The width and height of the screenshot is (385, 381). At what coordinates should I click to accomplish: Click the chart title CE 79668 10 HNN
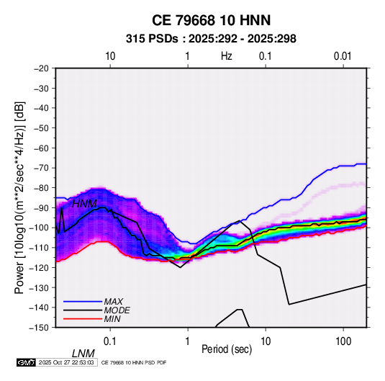tap(211, 20)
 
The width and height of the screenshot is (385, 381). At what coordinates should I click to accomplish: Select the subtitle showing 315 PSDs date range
tap(211, 39)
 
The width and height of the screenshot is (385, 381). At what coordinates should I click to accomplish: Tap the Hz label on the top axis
tap(227, 56)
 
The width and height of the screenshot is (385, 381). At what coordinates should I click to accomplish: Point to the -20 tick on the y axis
tap(41, 68)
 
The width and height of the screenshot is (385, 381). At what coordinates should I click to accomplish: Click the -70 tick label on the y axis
tap(41, 168)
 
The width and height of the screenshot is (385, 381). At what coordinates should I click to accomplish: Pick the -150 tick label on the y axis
tap(40, 328)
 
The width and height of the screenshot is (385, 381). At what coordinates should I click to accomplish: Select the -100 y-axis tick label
tap(40, 228)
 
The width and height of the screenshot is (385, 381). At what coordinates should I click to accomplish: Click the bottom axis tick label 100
tap(343, 341)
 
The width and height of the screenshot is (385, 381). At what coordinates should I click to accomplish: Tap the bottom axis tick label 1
tap(188, 341)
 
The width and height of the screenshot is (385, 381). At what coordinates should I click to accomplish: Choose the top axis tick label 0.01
tap(343, 56)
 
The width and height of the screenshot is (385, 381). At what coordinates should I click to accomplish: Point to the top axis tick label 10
tap(110, 56)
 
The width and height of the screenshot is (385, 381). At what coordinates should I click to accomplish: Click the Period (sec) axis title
tap(227, 349)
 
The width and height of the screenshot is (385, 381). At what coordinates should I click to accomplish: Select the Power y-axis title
tap(19, 198)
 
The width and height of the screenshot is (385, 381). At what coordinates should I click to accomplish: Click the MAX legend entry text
tap(114, 302)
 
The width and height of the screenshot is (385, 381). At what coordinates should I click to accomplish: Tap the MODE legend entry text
tap(117, 310)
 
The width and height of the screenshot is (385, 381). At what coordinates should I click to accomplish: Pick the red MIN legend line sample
tap(83, 319)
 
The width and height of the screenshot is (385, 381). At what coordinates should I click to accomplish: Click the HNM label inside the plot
tap(84, 204)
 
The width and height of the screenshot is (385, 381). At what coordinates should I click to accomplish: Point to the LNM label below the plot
tap(83, 354)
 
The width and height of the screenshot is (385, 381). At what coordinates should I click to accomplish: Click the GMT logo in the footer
tap(27, 362)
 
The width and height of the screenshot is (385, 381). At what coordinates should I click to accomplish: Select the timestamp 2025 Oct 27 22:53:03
tap(66, 362)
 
